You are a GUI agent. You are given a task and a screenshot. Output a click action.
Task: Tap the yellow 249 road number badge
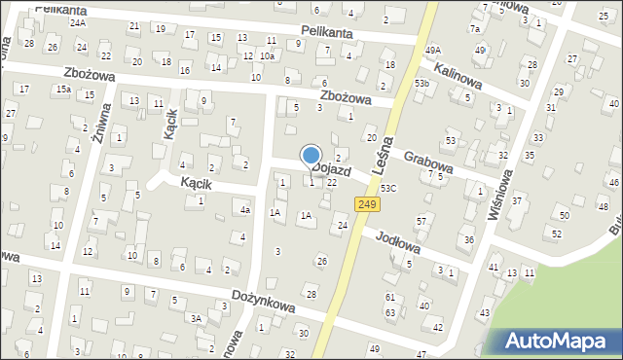click(366, 203)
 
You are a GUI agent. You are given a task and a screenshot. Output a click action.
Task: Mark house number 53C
click(388, 187)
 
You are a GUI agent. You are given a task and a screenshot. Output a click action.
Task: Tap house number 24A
click(78, 22)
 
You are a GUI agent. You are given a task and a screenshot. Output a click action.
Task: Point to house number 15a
click(63, 90)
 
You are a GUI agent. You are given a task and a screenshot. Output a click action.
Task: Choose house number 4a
click(246, 210)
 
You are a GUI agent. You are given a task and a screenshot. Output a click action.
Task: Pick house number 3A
click(196, 318)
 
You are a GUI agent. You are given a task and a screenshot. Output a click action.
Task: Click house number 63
click(389, 312)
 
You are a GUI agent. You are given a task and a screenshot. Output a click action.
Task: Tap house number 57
click(421, 222)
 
